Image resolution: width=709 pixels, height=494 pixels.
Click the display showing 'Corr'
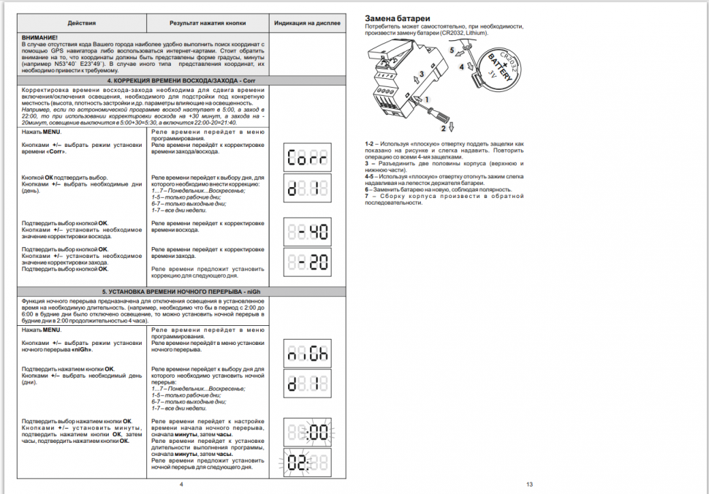point(307,157)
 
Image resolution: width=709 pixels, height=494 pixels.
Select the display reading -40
point(307,231)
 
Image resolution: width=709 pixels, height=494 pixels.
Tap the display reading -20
point(307,262)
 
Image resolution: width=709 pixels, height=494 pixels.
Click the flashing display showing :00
point(307,433)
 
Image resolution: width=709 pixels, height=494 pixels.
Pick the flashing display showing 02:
point(307,463)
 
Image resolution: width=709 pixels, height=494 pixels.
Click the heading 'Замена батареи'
point(397,17)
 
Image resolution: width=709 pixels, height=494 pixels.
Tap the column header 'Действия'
point(81,23)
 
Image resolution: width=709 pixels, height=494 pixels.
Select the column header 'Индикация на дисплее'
point(308,23)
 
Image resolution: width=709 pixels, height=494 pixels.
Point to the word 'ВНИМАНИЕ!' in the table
point(40,37)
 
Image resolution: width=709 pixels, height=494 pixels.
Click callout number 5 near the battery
point(452,50)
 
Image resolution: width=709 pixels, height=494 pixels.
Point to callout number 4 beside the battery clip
point(461,66)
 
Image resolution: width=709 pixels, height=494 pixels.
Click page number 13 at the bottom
point(529,484)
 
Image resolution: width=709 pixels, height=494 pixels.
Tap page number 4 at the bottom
point(181,484)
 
